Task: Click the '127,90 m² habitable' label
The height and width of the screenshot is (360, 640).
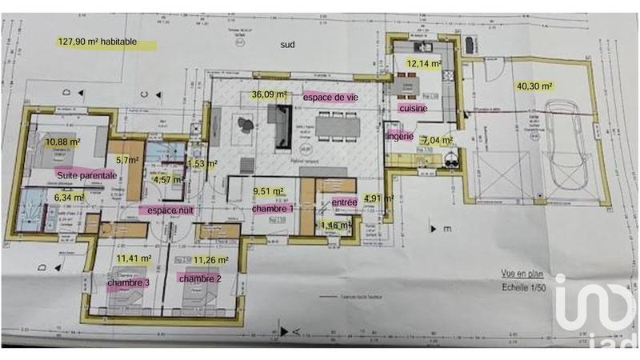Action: tap(98, 42)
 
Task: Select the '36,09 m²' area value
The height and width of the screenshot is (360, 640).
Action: tap(269, 94)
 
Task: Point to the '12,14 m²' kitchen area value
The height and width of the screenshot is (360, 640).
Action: tap(423, 62)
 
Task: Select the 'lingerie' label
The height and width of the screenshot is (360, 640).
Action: tap(398, 137)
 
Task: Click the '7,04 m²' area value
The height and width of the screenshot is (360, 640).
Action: tap(438, 140)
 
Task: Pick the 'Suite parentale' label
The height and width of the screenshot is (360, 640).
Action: tap(87, 174)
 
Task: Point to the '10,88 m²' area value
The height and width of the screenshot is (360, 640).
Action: tap(63, 142)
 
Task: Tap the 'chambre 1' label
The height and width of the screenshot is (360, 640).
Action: tap(273, 209)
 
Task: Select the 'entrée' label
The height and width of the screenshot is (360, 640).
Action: tap(344, 203)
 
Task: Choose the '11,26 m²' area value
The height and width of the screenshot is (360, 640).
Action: tap(212, 259)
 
